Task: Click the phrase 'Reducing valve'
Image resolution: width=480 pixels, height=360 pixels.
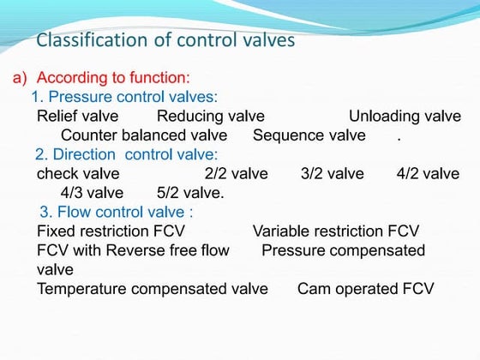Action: [x=210, y=116]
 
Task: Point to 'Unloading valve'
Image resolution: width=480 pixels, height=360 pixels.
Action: [x=405, y=116]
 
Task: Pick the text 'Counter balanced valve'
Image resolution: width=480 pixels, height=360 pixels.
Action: [x=144, y=135]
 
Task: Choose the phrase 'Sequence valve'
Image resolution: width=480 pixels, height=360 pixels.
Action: [x=309, y=135]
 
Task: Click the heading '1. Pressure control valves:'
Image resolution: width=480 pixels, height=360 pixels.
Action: [x=124, y=97]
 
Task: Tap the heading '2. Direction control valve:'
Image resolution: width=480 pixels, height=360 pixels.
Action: [x=127, y=155]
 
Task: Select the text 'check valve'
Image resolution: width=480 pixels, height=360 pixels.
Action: [x=78, y=174]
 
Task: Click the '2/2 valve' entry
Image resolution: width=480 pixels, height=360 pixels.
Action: [x=237, y=174]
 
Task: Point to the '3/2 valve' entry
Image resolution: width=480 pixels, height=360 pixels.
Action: [x=333, y=174]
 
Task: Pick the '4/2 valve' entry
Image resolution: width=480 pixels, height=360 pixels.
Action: [x=428, y=174]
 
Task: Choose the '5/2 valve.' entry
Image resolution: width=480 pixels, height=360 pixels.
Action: [x=191, y=193]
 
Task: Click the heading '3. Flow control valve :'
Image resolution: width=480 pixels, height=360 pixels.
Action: [x=117, y=213]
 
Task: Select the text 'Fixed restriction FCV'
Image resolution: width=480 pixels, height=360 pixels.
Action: [x=111, y=231]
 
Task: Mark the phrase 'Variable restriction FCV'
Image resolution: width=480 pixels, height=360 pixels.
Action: [x=336, y=231]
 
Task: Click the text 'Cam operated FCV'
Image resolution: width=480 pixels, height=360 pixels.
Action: [x=366, y=289]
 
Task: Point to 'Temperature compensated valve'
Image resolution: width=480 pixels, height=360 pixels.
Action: [x=153, y=289]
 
